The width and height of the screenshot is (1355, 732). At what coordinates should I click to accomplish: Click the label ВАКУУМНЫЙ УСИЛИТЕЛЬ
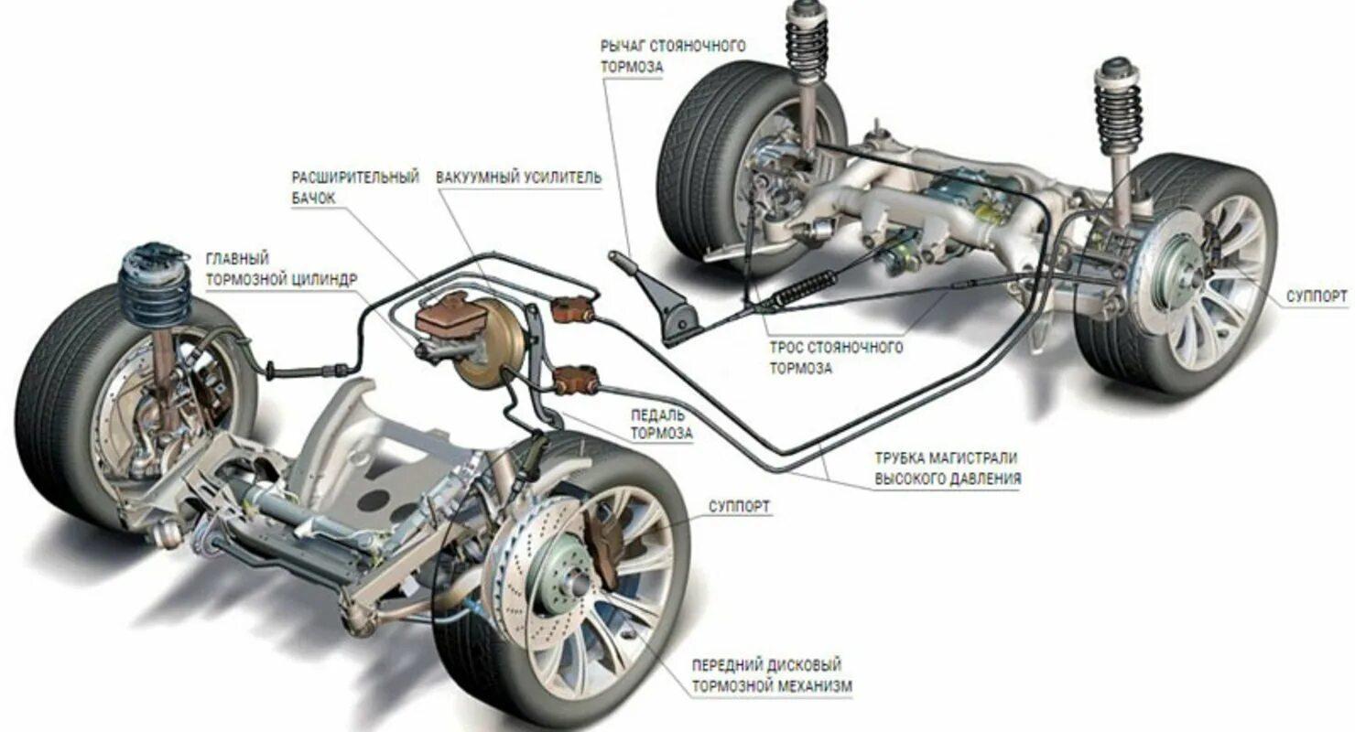coord(518,177)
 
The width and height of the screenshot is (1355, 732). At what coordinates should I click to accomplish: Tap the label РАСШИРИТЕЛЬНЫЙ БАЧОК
coord(355,187)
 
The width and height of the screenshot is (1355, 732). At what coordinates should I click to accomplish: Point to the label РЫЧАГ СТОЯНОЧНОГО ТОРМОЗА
coord(673,56)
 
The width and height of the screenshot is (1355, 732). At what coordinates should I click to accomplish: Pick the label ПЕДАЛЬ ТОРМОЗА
coord(661,423)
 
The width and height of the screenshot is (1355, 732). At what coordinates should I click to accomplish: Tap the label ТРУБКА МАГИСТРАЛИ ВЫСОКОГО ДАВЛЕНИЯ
coord(947,468)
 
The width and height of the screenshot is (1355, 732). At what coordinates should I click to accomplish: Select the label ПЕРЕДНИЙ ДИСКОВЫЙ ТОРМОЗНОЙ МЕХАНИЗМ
coord(766,675)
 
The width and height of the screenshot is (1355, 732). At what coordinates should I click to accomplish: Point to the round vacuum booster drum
coord(492,344)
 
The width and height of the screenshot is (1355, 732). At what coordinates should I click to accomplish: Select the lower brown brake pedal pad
coord(577,376)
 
